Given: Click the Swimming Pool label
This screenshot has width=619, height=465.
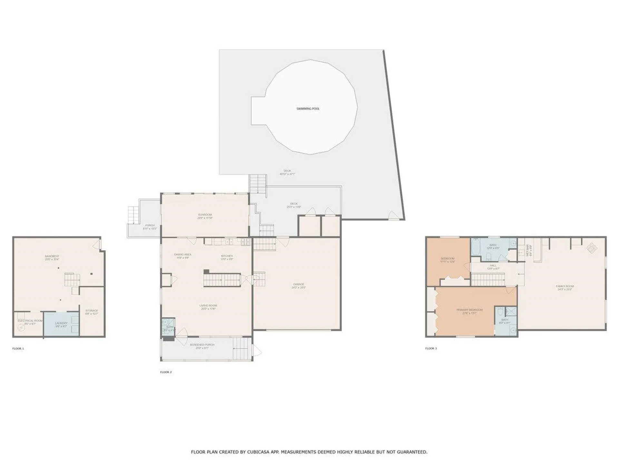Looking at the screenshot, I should coord(308,109).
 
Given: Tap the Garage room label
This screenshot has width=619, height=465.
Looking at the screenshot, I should coord(299,284).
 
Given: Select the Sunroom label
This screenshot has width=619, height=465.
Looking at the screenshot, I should coord(205,215).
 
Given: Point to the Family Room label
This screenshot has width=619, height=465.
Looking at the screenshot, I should coord(565,286).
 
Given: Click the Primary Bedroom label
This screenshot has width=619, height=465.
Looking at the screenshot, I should coord(469,310).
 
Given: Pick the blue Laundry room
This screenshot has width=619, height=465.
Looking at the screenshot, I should coord(61,324).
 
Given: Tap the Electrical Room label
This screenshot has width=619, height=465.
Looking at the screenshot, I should coord(30,321).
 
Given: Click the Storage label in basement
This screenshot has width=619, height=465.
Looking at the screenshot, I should coord(92,311).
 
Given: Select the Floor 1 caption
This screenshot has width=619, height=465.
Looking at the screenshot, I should coord(18,349).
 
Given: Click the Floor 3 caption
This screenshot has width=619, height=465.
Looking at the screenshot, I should coord(431,349).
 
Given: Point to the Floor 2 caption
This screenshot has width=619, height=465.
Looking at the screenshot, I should coord(166,372).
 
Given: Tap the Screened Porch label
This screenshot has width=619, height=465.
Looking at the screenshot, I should coord(202,345).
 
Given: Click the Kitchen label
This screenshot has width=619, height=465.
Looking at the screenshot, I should coord(227,256).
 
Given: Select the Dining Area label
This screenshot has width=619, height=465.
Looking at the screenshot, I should coord(183,255).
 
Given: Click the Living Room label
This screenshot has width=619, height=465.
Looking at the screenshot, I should coord(208,305).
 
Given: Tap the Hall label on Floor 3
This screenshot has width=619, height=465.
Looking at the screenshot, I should coord(493,266).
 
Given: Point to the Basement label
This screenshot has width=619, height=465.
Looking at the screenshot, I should coord(52,256).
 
